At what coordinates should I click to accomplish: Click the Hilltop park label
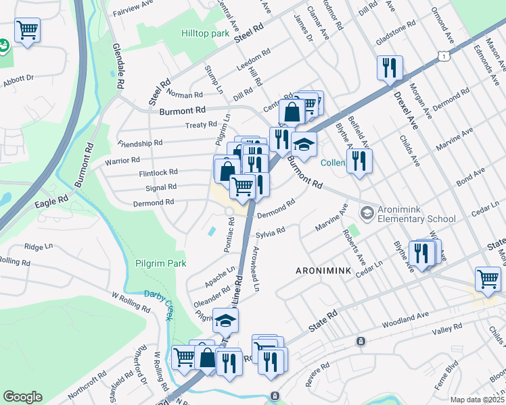(206, 33)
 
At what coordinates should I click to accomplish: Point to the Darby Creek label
(160, 299)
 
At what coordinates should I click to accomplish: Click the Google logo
(22, 397)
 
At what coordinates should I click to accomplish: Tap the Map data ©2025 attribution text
(477, 400)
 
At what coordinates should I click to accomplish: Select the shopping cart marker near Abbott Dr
(27, 30)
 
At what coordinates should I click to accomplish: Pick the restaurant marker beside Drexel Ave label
(390, 67)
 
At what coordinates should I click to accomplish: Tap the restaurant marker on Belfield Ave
(359, 161)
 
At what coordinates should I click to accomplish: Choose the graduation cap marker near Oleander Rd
(226, 320)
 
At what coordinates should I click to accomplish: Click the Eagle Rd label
(53, 200)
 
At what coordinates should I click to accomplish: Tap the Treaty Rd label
(202, 126)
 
